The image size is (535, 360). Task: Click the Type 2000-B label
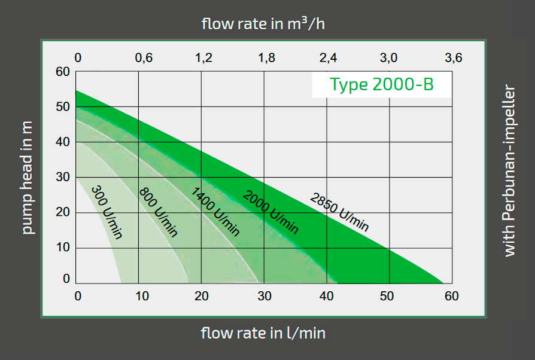381,85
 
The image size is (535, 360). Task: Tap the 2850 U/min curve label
339,212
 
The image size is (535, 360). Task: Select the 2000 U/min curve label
270,212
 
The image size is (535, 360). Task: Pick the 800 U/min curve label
159,212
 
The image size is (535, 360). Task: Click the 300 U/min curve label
107,212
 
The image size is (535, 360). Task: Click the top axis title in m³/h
263,24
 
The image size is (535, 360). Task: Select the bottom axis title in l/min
263,332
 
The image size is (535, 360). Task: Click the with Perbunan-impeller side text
509,172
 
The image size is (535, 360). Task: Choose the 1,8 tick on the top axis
266,58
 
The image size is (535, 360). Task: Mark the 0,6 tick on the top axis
144,58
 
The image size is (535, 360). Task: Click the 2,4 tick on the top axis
329,58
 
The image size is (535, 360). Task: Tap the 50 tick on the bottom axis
389,296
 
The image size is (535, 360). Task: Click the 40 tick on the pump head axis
63,142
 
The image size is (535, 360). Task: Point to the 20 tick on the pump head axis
63,212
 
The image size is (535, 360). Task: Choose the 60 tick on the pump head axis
63,72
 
